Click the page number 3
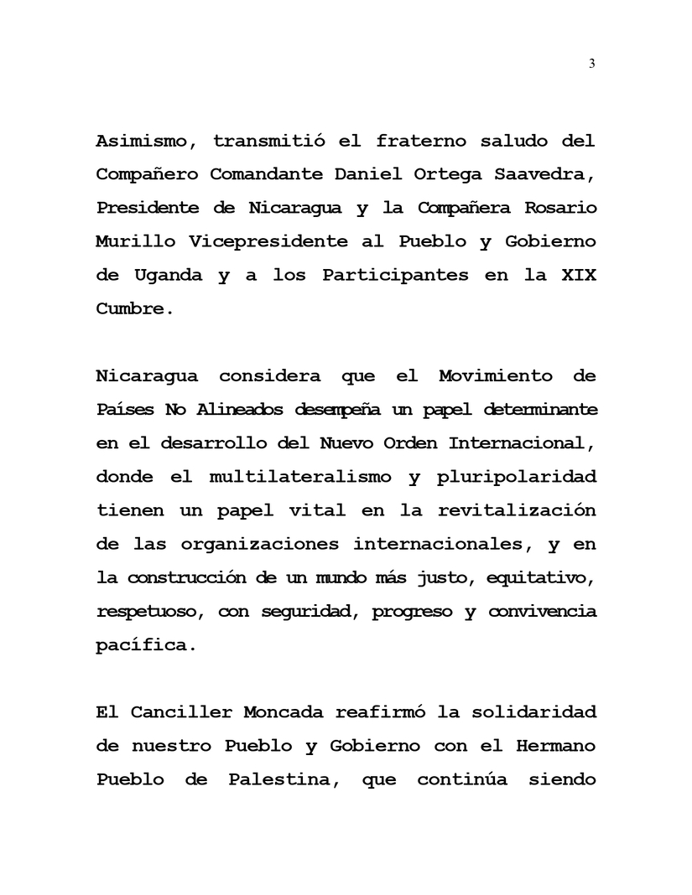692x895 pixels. (592, 63)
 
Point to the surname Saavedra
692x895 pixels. (545, 174)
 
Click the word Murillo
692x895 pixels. (136, 241)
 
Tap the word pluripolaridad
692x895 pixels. (517, 477)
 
